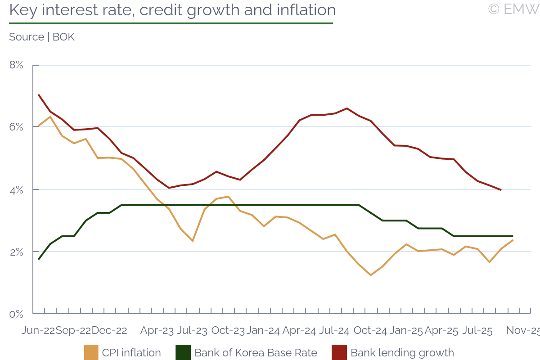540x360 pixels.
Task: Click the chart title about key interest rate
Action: click(x=172, y=10)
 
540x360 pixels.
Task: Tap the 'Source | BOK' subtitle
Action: click(x=42, y=37)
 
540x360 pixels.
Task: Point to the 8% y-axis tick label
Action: click(x=16, y=65)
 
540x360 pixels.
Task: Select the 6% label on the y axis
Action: click(x=16, y=127)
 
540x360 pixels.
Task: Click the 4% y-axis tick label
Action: click(x=16, y=189)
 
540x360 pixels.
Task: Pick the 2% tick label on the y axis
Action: click(x=16, y=252)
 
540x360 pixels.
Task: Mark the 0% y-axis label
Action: click(x=16, y=314)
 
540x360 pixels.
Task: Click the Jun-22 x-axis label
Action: click(x=38, y=331)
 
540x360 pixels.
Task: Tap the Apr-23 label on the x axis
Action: click(x=157, y=331)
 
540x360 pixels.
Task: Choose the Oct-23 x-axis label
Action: click(x=228, y=331)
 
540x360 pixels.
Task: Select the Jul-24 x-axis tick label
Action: click(x=334, y=331)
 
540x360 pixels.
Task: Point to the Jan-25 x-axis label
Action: click(x=406, y=331)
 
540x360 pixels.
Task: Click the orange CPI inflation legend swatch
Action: click(x=91, y=353)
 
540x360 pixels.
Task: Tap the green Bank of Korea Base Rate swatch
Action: click(x=183, y=353)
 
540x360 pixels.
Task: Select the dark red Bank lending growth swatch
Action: click(x=339, y=353)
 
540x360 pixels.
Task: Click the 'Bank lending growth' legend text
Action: click(x=402, y=353)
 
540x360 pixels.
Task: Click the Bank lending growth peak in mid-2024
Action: click(x=347, y=108)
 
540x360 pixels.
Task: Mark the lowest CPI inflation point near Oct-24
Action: click(x=370, y=275)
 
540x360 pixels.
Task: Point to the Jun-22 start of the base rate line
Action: click(x=39, y=259)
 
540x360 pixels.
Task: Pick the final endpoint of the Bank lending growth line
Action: click(x=501, y=190)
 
